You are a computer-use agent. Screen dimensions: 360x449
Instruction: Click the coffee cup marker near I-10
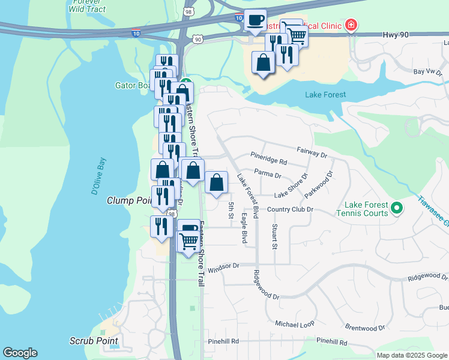point(255,20)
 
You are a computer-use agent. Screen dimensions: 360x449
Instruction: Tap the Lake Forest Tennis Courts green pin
point(396,209)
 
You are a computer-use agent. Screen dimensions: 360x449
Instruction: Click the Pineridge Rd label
point(269,162)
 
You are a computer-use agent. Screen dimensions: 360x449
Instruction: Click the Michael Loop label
point(295,324)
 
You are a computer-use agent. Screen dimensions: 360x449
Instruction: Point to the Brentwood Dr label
point(365,328)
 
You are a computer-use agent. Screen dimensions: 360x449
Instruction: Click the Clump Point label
point(127,200)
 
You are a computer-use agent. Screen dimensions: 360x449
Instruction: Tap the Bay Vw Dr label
point(427,71)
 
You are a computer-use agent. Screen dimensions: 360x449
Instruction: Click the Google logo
point(20,353)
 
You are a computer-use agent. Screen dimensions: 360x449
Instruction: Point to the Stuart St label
point(274,237)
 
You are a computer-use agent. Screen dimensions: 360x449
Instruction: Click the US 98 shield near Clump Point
point(172,214)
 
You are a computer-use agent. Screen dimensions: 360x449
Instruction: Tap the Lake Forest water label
point(325,95)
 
